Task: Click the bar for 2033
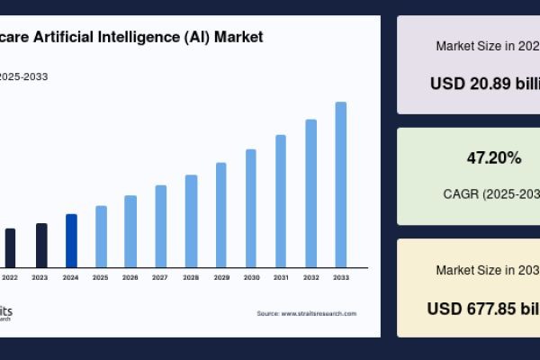(x=341, y=184)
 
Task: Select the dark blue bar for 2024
(x=71, y=240)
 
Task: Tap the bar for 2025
(x=101, y=236)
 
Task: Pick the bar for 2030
(x=251, y=208)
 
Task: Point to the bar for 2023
(x=41, y=245)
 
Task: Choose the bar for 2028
(x=191, y=220)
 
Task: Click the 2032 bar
(x=311, y=193)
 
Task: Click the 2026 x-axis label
(x=130, y=278)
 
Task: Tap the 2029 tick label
(x=220, y=278)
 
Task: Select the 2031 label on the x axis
(x=281, y=278)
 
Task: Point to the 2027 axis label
(x=160, y=278)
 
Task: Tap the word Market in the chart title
(x=238, y=37)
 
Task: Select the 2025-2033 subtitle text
(x=24, y=76)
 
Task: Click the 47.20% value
(x=493, y=158)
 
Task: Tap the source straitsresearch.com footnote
(x=307, y=313)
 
